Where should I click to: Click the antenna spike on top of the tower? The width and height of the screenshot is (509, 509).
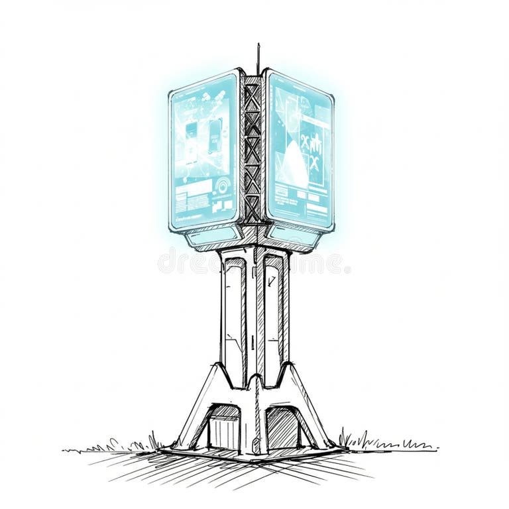pos(258,57)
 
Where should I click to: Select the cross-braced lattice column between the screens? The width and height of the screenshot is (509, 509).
pos(253,149)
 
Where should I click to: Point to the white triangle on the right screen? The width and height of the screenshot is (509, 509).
pos(294,168)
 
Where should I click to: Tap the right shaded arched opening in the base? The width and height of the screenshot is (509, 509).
pos(283,427)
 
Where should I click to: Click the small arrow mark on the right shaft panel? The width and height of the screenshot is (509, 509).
pos(272,281)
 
